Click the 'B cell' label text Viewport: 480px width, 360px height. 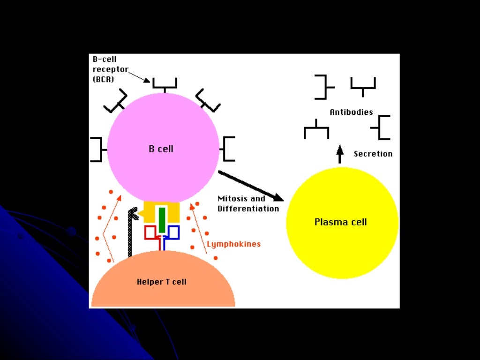click(x=161, y=149)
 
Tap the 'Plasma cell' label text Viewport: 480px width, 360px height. click(x=340, y=222)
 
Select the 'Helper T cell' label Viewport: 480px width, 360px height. click(x=161, y=282)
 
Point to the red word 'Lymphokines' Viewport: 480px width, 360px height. click(x=233, y=244)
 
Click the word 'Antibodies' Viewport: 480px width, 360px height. click(x=351, y=112)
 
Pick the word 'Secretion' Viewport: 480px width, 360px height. click(x=373, y=154)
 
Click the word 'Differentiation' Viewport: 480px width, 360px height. click(x=248, y=209)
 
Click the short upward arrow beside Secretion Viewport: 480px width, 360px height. click(x=340, y=154)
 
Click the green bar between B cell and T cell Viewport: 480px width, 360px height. click(x=162, y=219)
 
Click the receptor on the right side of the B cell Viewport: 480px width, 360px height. click(x=227, y=149)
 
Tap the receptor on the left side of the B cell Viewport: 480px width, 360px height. click(x=97, y=149)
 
